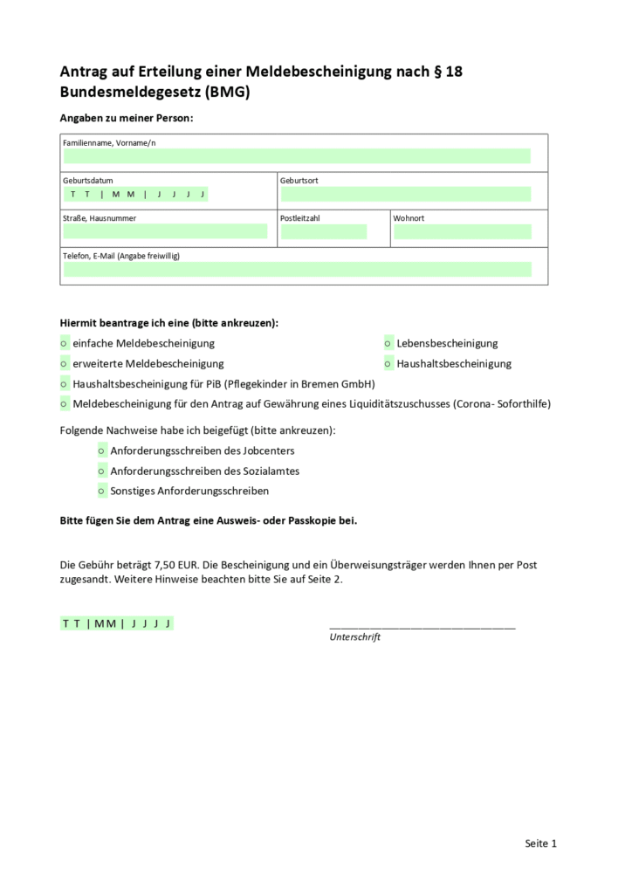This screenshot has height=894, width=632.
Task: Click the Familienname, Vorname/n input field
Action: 297,156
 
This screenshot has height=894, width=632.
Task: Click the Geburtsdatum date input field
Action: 135,194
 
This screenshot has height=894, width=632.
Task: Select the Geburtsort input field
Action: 405,194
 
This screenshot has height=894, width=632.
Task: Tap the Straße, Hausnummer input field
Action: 165,231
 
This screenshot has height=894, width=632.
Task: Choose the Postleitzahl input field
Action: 323,231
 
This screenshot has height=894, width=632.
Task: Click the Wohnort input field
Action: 462,231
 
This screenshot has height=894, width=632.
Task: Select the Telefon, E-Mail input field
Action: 297,269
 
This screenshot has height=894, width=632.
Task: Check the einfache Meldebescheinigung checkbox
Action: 65,344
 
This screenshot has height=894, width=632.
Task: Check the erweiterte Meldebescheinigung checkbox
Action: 65,364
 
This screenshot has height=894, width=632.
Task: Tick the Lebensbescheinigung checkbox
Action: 388,344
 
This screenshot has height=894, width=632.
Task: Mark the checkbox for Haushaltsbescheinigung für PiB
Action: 65,384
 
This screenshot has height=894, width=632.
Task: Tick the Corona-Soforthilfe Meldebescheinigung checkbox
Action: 65,404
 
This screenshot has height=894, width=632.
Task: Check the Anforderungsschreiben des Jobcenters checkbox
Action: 102,451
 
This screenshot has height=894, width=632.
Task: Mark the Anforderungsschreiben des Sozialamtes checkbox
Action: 102,471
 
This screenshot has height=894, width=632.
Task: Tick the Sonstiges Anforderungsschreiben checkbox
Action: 102,492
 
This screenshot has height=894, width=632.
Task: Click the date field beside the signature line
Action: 117,623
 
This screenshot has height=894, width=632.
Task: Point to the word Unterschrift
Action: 354,637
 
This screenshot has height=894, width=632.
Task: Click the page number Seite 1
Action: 540,843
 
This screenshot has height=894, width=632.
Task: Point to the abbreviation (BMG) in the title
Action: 227,93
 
